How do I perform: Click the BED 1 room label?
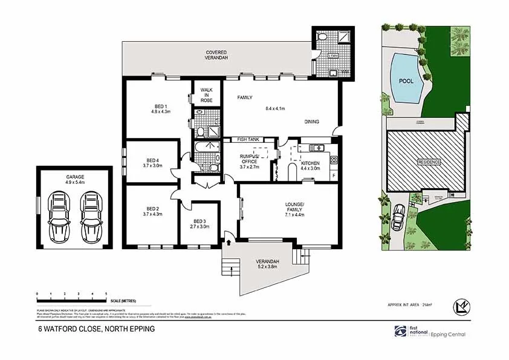[x=158, y=106]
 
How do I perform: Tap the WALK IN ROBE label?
[x=207, y=95]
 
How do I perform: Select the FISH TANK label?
[x=248, y=140]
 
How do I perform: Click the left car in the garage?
[x=60, y=215]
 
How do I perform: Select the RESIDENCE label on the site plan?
[x=427, y=163]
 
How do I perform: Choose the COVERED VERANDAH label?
[x=216, y=56]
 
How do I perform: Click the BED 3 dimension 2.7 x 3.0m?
[x=199, y=227]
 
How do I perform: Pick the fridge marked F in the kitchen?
[x=333, y=175]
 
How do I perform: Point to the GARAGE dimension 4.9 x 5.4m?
[x=75, y=182]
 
